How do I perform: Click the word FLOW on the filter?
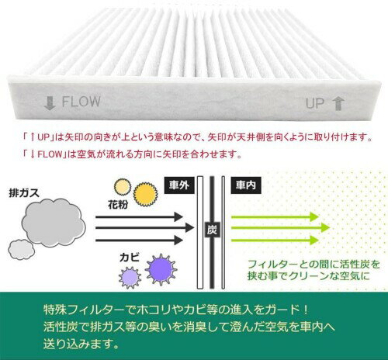(81, 102)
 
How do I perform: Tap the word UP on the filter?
(315, 103)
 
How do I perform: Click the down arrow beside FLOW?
(50, 103)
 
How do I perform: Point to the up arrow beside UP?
(338, 103)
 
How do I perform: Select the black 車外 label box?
(179, 185)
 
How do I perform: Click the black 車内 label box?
(246, 185)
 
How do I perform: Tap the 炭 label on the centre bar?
(212, 230)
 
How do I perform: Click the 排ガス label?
(24, 193)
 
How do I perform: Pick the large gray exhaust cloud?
(54, 223)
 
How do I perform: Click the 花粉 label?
(118, 204)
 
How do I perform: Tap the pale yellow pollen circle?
(123, 187)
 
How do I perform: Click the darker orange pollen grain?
(145, 195)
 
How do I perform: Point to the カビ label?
(130, 258)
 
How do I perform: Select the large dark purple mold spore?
(161, 269)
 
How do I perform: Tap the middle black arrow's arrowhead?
(189, 228)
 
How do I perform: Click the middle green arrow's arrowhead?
(324, 227)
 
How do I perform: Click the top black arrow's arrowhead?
(178, 216)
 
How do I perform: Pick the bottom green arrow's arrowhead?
(314, 241)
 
